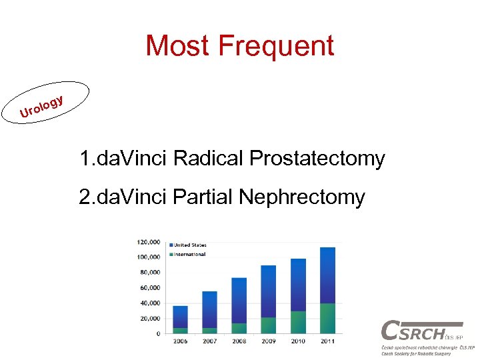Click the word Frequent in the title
(x=277, y=46)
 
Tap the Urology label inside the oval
(x=42, y=107)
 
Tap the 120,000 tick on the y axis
(x=148, y=242)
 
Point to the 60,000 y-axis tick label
(x=149, y=288)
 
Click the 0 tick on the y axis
(x=158, y=333)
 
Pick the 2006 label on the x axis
(x=180, y=341)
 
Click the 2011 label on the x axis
(x=327, y=341)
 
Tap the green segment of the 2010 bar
(x=298, y=322)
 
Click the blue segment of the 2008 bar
(x=239, y=300)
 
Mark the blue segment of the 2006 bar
(x=180, y=317)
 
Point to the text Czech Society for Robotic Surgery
(x=415, y=354)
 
